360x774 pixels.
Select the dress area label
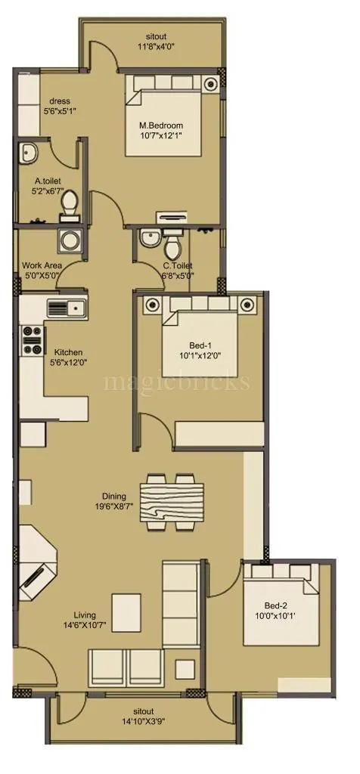coord(60,101)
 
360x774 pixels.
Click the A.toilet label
coord(48,181)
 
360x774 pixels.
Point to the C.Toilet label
coord(178,265)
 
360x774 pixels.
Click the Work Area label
coord(42,265)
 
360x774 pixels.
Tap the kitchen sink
coord(67,308)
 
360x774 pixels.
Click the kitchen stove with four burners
coord(33,340)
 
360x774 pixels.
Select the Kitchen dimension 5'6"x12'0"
coord(68,364)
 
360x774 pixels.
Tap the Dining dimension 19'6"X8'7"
coord(114,506)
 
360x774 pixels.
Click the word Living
coord(85,615)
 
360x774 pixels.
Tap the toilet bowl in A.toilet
coord(69,203)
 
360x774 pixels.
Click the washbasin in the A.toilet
coord(29,154)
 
